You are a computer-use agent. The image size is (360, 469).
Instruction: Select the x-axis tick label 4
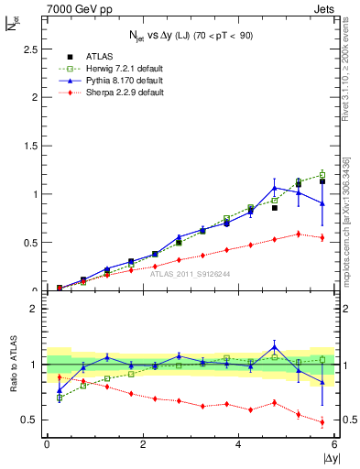pyautogui.click(x=239, y=445)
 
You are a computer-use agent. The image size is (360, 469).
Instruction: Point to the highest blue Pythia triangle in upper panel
pyautogui.click(x=275, y=188)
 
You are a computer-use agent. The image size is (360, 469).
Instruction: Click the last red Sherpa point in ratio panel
pyautogui.click(x=322, y=422)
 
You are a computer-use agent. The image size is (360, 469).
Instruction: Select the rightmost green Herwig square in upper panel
pyautogui.click(x=322, y=174)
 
